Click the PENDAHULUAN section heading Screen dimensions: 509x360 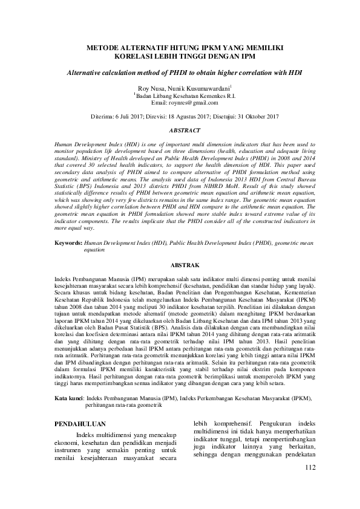80,424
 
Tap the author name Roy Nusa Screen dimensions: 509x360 150,88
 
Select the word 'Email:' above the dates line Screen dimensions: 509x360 159,103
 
